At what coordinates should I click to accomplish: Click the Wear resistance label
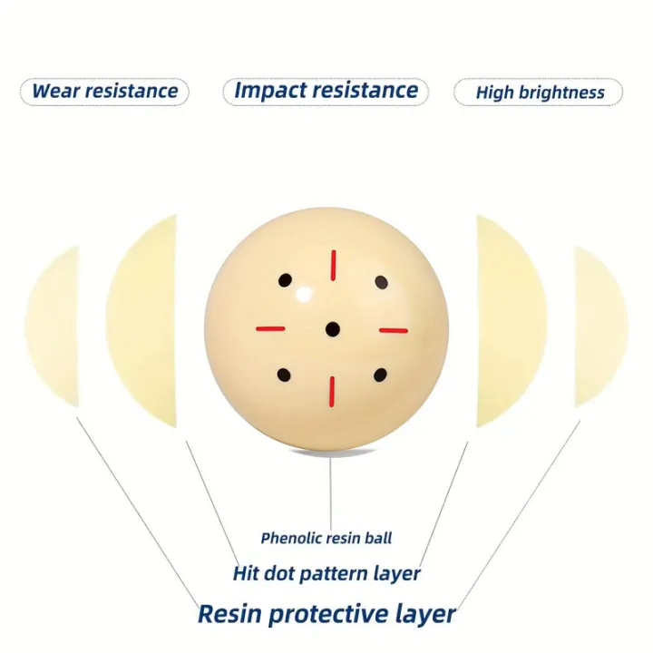(104, 92)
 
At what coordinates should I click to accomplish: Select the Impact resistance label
(326, 91)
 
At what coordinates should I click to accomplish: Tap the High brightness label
(540, 92)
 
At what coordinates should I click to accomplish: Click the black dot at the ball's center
(332, 329)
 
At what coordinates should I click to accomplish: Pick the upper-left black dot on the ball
(286, 280)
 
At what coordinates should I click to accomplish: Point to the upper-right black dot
(381, 282)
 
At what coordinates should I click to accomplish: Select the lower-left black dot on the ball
(284, 375)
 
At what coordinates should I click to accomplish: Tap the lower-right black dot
(380, 375)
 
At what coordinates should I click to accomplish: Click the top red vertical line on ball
(333, 265)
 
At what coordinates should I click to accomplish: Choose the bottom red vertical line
(332, 392)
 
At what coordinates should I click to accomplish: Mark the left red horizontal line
(270, 328)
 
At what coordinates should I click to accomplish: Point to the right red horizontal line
(393, 331)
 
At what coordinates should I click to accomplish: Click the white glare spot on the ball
(304, 295)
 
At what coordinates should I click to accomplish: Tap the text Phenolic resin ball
(326, 538)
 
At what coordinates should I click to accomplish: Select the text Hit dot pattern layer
(326, 573)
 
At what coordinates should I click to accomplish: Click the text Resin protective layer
(326, 613)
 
